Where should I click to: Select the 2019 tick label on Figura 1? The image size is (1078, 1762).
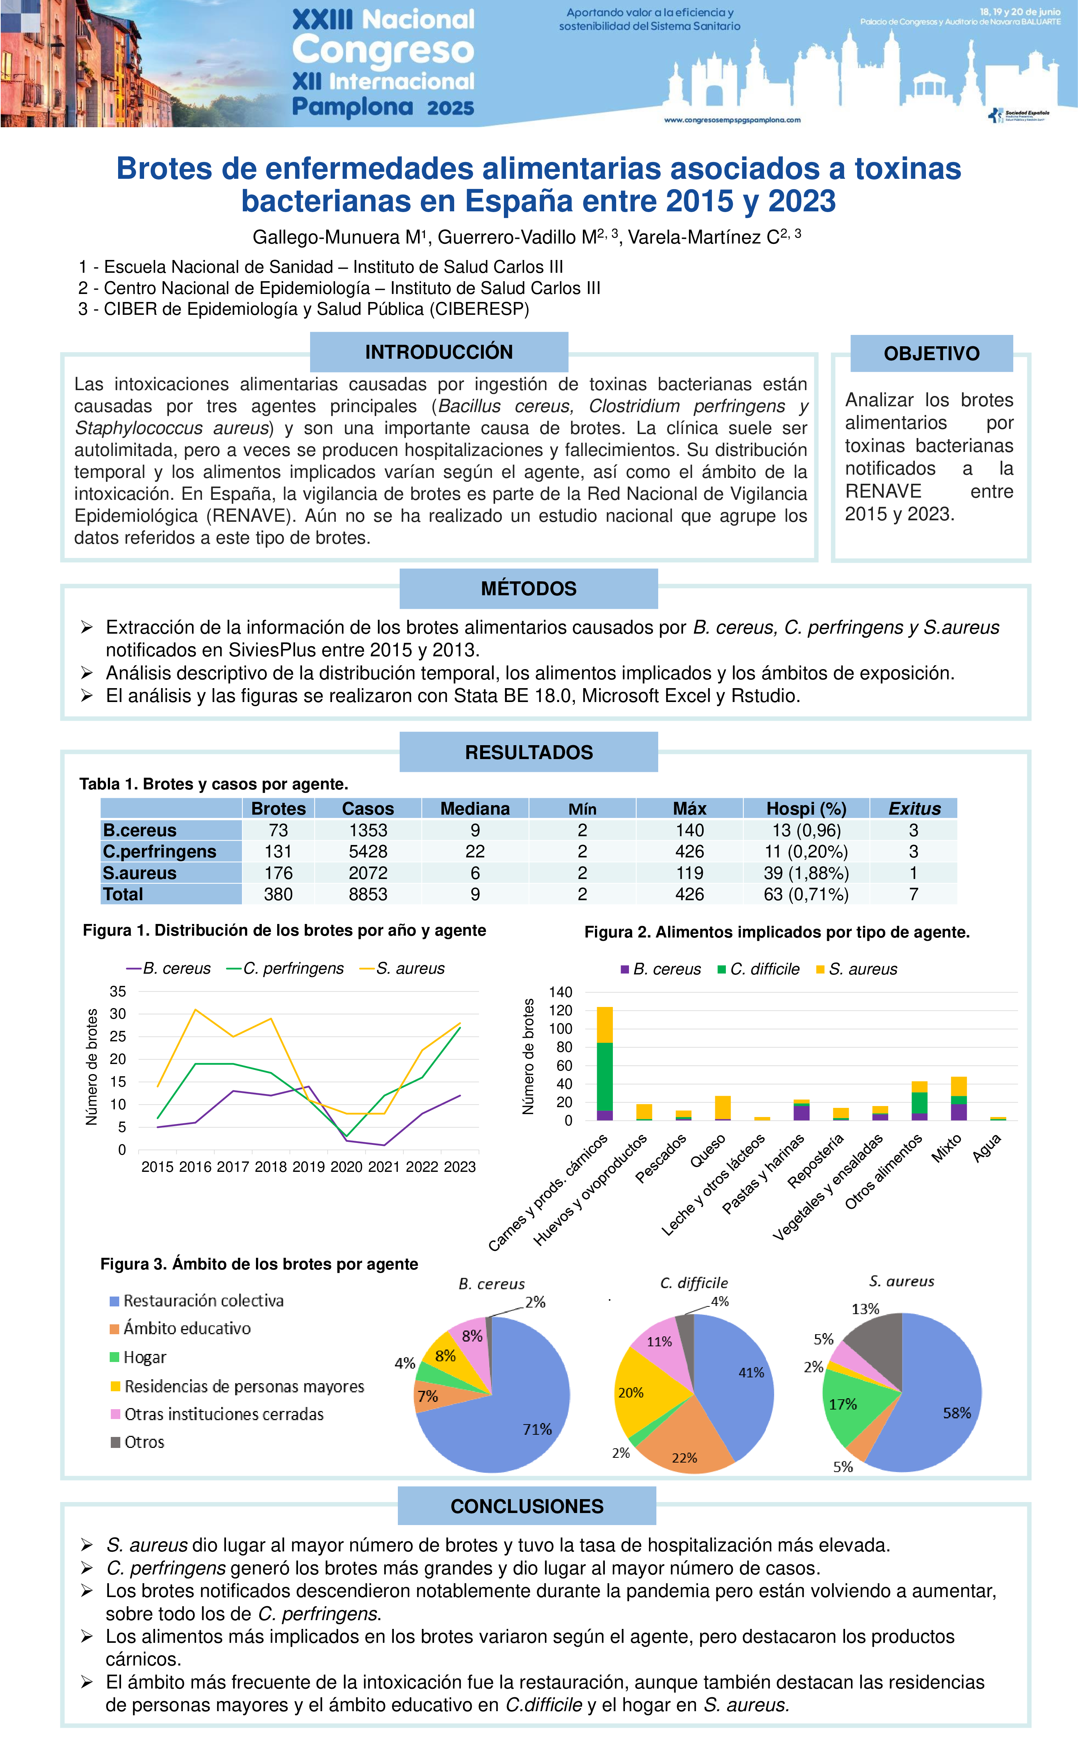coord(308,1167)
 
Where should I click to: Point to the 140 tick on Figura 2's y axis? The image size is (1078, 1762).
coord(560,992)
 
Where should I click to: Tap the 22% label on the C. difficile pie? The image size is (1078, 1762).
coord(684,1457)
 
